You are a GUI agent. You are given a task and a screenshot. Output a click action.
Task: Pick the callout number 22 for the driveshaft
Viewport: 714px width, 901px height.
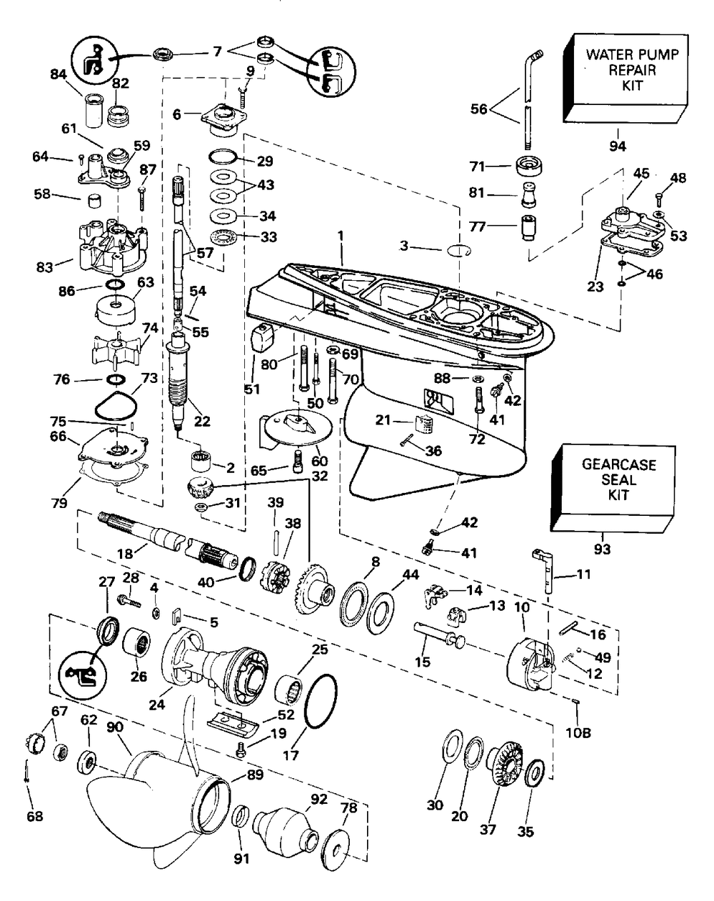pos(203,422)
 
